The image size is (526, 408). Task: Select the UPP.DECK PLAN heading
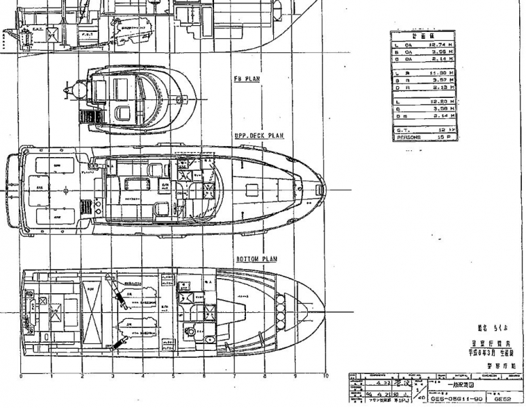259,136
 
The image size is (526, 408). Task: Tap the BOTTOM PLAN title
256,259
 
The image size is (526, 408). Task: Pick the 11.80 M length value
442,71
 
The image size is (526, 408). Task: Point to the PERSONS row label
408,137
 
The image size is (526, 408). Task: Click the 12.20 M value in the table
442,100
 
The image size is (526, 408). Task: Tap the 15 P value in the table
443,137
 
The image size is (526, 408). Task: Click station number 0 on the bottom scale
21,376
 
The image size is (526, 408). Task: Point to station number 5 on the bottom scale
173,376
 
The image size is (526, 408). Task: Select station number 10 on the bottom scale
326,376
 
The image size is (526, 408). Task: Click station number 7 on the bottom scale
234,376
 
